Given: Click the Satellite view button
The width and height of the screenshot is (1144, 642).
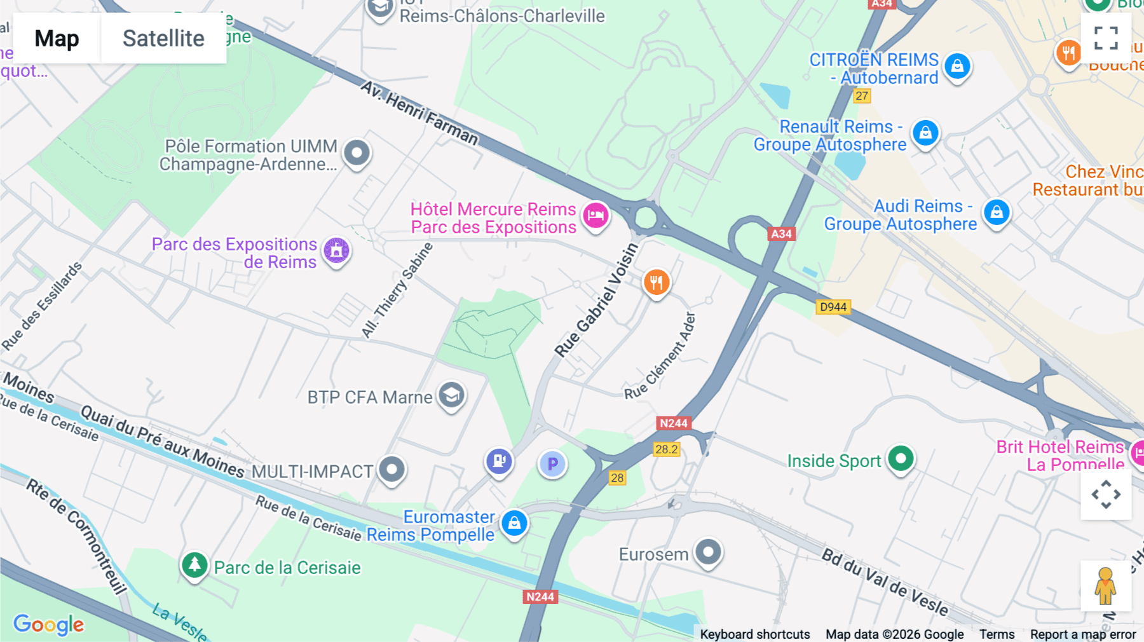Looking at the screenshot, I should pyautogui.click(x=163, y=38).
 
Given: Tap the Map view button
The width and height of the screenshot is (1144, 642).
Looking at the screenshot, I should pyautogui.click(x=57, y=38).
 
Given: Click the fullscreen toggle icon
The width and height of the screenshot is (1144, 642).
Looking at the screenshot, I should pyautogui.click(x=1106, y=38).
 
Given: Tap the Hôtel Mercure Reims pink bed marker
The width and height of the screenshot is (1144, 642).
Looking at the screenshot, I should pyautogui.click(x=596, y=215).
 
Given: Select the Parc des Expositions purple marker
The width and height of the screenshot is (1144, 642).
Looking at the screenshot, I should pyautogui.click(x=336, y=250).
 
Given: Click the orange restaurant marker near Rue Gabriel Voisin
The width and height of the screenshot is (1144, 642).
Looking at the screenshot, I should pyautogui.click(x=657, y=282).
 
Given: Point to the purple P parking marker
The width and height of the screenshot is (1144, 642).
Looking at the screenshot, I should pyautogui.click(x=552, y=464).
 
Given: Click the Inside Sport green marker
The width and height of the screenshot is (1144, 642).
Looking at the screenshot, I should pyautogui.click(x=901, y=458).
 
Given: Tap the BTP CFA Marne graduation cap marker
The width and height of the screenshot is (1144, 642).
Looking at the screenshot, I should pyautogui.click(x=451, y=395).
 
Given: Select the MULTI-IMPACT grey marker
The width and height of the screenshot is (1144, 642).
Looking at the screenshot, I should pyautogui.click(x=392, y=470).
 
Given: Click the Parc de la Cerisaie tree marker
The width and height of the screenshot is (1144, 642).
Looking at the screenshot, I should pyautogui.click(x=194, y=564).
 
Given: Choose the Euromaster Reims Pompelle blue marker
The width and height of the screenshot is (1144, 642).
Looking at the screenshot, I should pyautogui.click(x=514, y=523).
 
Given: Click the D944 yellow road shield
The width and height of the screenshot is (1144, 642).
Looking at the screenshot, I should pyautogui.click(x=833, y=307).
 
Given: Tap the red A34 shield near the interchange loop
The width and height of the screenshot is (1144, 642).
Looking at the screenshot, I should pyautogui.click(x=781, y=234).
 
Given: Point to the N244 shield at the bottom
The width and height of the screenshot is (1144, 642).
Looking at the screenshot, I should pyautogui.click(x=540, y=597).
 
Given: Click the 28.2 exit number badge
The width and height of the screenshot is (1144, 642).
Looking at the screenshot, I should pyautogui.click(x=666, y=449).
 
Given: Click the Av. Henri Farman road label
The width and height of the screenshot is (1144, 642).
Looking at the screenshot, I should pyautogui.click(x=419, y=113).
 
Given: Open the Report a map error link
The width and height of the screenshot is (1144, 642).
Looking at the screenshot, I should pyautogui.click(x=1082, y=634).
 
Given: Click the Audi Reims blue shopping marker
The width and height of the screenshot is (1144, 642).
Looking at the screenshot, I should pyautogui.click(x=996, y=212).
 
